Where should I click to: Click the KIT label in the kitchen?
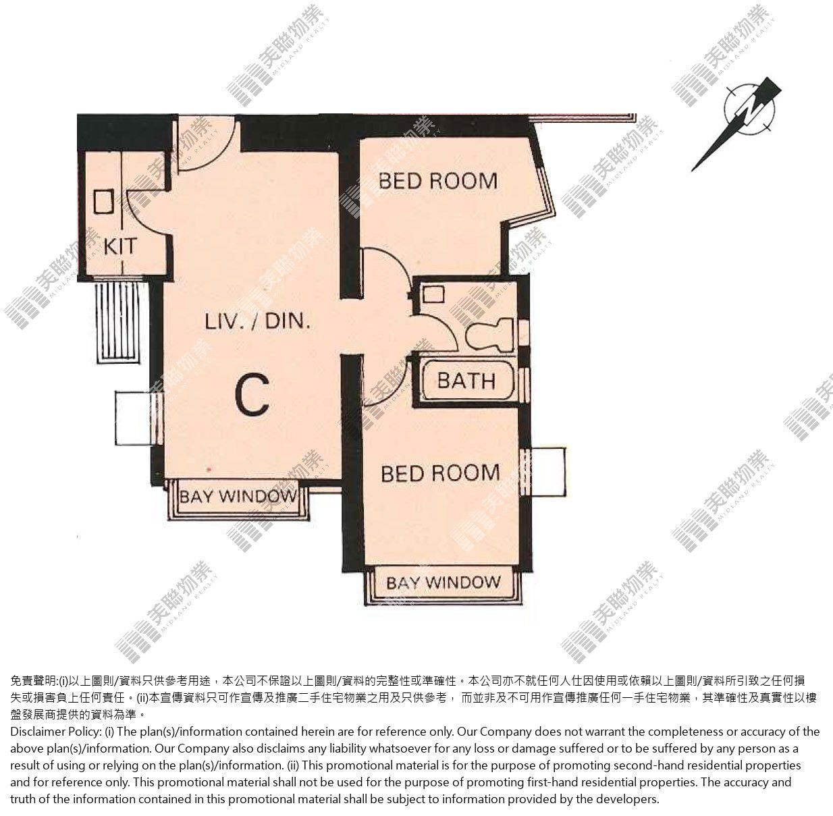(x=119, y=247)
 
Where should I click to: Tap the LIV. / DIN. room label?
(x=258, y=322)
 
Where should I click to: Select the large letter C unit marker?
(x=252, y=395)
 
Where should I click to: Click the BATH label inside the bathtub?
(x=466, y=381)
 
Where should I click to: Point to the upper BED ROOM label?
(x=438, y=181)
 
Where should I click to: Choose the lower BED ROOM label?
(x=440, y=473)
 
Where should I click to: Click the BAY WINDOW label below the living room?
(x=238, y=497)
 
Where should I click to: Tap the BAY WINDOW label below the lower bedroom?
(x=443, y=583)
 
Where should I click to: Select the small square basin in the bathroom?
(x=433, y=294)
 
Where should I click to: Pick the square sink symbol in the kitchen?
(x=104, y=201)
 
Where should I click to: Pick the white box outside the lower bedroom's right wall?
(x=547, y=472)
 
